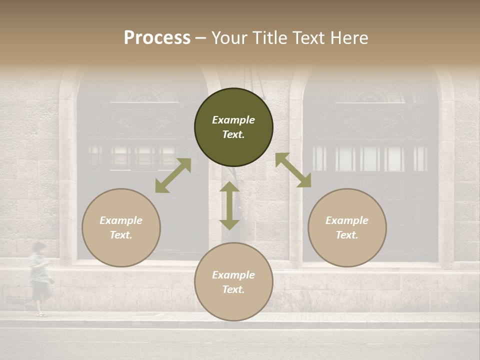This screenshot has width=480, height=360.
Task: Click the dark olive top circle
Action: [233, 127]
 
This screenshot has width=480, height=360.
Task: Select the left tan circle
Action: [121, 227]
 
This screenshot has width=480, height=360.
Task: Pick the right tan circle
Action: [347, 227]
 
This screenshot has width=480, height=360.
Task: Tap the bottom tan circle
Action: [233, 282]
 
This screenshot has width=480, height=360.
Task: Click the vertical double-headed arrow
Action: [229, 205]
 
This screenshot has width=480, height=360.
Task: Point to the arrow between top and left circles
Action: [173, 175]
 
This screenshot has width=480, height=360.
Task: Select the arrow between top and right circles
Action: [293, 170]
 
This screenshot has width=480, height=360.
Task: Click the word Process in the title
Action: [157, 38]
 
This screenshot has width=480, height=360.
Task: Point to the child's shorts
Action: [40, 289]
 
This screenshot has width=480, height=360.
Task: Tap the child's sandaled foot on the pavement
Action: [42, 315]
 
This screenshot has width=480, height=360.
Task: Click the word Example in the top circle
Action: [233, 120]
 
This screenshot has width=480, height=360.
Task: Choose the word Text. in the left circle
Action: [121, 235]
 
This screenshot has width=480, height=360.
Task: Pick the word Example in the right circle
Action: [347, 220]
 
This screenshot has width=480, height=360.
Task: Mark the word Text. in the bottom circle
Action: [233, 289]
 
